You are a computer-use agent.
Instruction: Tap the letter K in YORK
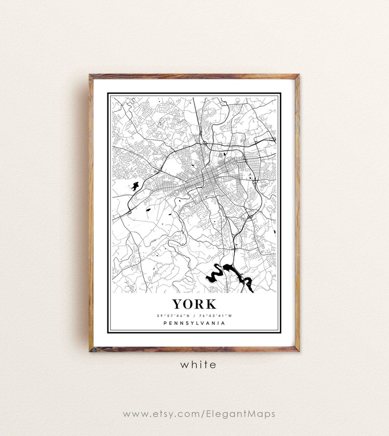[210, 304]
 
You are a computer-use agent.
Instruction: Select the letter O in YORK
[188, 304]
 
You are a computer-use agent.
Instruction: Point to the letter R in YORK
[199, 304]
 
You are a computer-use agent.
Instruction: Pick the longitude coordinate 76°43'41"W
[215, 315]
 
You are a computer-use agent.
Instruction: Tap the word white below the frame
[198, 365]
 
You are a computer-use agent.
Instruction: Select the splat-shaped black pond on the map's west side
[133, 186]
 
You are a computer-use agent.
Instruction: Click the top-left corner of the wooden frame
[90, 75]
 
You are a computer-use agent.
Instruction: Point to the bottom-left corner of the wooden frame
[90, 350]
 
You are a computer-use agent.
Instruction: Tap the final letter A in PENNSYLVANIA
[224, 323]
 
